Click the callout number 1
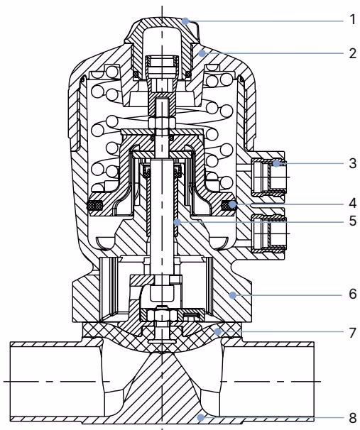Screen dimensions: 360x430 coord(353,20)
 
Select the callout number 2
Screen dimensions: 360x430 coord(353,53)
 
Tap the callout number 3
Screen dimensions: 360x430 coord(353,163)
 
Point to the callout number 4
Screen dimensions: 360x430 coord(353,203)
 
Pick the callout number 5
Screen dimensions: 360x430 coord(353,221)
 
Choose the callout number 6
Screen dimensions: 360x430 coord(353,294)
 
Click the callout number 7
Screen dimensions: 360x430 coord(353,333)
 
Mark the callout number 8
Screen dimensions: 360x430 coord(353,419)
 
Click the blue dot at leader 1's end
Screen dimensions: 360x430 coord(186,21)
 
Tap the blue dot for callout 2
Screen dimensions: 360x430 coord(202,53)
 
